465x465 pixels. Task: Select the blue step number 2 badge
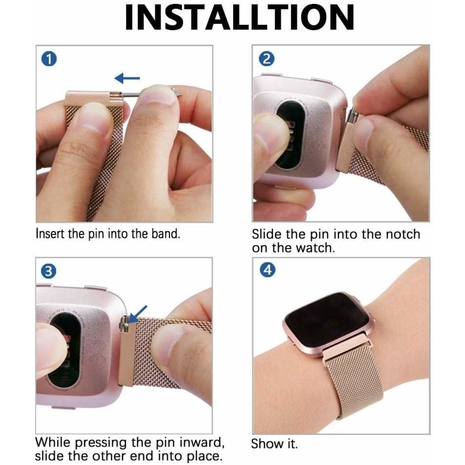pyautogui.click(x=266, y=59)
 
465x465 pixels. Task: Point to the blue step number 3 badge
pyautogui.click(x=49, y=272)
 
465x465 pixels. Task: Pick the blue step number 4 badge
pyautogui.click(x=267, y=270)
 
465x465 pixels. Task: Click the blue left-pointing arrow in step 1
pyautogui.click(x=127, y=78)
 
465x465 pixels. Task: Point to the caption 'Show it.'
pyautogui.click(x=274, y=444)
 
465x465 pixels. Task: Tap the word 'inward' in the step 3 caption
pyautogui.click(x=203, y=442)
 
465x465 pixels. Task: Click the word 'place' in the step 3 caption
pyautogui.click(x=204, y=457)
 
